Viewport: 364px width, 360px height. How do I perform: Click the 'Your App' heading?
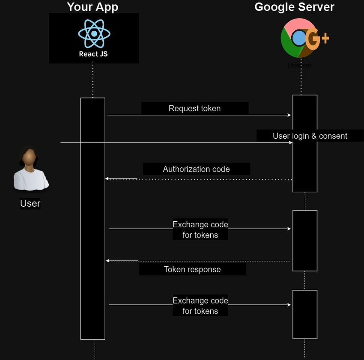[x=92, y=7]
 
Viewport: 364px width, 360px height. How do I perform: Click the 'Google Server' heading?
[x=294, y=7]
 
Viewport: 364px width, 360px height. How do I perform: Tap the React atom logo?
[x=94, y=33]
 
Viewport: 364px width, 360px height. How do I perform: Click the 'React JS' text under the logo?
[x=93, y=54]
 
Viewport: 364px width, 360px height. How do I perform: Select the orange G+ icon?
[x=317, y=39]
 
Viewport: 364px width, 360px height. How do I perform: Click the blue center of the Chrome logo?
[x=298, y=39]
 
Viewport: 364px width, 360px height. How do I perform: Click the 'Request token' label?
[x=194, y=108]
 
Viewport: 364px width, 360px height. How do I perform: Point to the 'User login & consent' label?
[x=310, y=136]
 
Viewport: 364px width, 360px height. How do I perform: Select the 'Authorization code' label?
[x=196, y=169]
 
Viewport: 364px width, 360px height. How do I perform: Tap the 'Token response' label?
[x=192, y=269]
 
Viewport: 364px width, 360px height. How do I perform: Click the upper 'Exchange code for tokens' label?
[x=200, y=229]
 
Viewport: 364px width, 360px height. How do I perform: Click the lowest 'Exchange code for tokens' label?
[x=200, y=306]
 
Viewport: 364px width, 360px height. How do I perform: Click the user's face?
[x=29, y=158]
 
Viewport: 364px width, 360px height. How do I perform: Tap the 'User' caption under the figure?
[x=30, y=203]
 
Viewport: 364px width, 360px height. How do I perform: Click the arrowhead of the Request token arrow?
[x=289, y=115]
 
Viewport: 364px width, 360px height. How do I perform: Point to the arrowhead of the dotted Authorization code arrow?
[x=107, y=179]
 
